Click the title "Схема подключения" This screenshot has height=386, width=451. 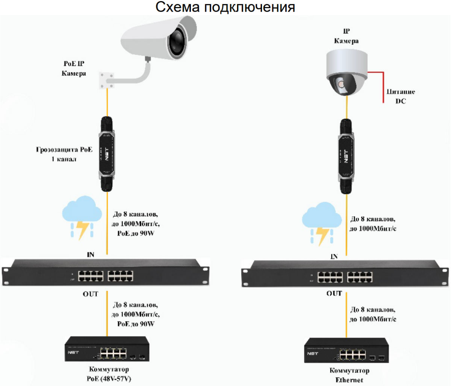pos(225,7)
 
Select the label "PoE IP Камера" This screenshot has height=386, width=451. pos(74,68)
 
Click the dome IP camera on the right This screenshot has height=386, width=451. pos(346,73)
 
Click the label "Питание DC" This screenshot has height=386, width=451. pos(401,96)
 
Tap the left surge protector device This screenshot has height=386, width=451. pos(107,154)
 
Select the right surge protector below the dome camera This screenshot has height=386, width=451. pos(346,155)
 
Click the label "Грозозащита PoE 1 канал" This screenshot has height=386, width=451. pos(64,154)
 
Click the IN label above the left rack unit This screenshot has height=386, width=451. pos(91,255)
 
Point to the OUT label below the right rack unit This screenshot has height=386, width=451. pos(334,294)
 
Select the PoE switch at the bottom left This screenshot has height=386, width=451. pos(107,349)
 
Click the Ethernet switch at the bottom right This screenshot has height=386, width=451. pos(346,350)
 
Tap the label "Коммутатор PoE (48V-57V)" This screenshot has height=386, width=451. pos(109,374)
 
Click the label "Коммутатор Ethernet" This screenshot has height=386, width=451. pos(349,375)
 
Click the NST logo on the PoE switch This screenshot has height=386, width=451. pos(73,352)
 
